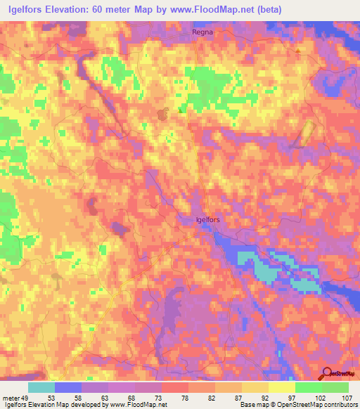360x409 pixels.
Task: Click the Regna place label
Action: [202, 32]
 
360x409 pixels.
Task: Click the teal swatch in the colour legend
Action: [41, 387]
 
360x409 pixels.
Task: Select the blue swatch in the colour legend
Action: [68, 387]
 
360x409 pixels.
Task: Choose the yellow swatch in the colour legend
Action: [281, 387]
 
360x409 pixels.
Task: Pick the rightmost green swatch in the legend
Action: [335, 387]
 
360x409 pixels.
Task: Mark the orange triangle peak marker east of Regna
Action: [298, 52]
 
